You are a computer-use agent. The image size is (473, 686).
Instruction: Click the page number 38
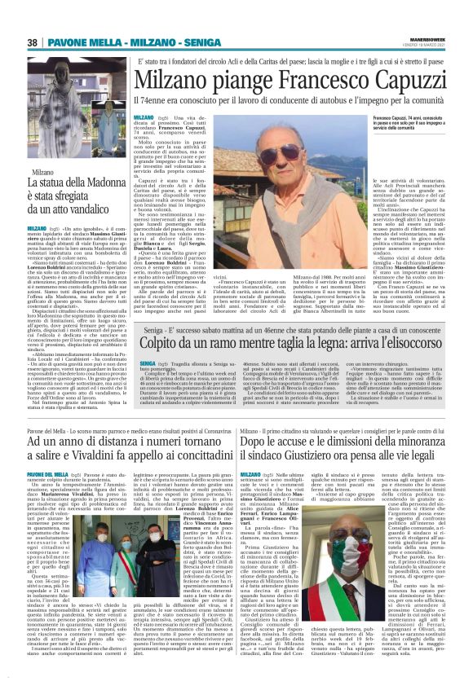[x=32, y=42]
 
